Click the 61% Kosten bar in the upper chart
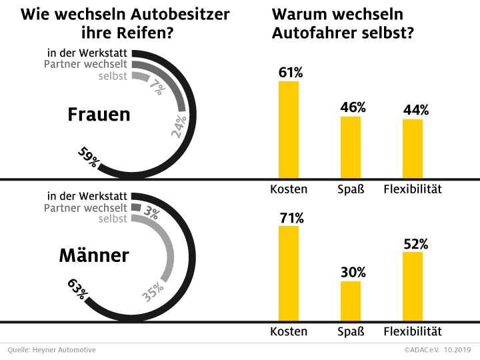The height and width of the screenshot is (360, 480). pyautogui.click(x=289, y=129)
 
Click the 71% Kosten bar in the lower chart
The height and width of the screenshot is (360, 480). pyautogui.click(x=289, y=274)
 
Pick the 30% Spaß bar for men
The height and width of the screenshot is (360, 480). pyautogui.click(x=351, y=301)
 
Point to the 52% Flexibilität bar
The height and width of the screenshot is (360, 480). pyautogui.click(x=413, y=287)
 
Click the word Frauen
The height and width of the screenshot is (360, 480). pyautogui.click(x=99, y=115)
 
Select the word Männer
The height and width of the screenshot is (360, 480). pyautogui.click(x=94, y=255)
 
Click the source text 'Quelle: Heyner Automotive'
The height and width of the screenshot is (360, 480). pyautogui.click(x=52, y=349)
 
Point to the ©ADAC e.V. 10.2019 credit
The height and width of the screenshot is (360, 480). pyautogui.click(x=436, y=349)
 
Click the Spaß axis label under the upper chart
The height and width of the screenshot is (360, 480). pyautogui.click(x=351, y=189)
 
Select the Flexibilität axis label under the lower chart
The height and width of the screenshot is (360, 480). pyautogui.click(x=413, y=331)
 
